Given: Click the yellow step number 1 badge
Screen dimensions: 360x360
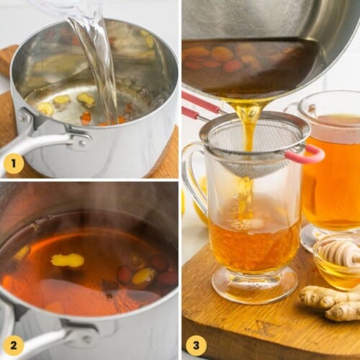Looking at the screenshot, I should coord(14,165).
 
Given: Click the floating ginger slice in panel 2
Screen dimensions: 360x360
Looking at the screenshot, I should coord(67,260).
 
